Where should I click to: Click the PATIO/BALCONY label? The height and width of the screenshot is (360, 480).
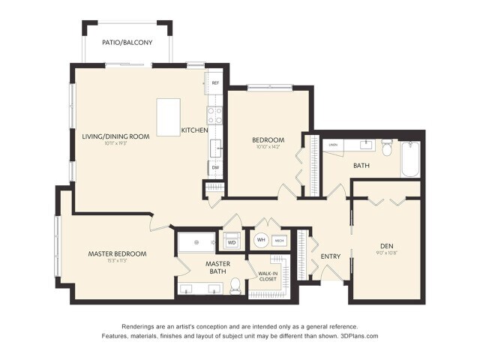pyautogui.click(x=128, y=43)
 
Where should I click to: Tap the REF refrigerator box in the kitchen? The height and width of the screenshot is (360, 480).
pyautogui.click(x=215, y=82)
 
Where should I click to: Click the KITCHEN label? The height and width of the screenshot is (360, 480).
pyautogui.click(x=194, y=130)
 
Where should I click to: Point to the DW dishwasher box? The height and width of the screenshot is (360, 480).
pyautogui.click(x=215, y=167)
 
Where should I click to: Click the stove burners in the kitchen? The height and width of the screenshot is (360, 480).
pyautogui.click(x=214, y=114)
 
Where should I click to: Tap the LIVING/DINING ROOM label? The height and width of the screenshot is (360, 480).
pyautogui.click(x=115, y=136)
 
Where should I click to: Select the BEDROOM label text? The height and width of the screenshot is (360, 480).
pyautogui.click(x=267, y=140)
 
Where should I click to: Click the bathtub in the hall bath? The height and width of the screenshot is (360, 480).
pyautogui.click(x=409, y=158)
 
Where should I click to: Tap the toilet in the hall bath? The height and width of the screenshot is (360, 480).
pyautogui.click(x=387, y=147)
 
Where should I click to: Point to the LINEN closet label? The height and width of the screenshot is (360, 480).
pyautogui.click(x=332, y=145)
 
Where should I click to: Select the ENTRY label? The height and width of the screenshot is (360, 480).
pyautogui.click(x=331, y=256)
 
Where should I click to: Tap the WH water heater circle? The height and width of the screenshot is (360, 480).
pyautogui.click(x=261, y=241)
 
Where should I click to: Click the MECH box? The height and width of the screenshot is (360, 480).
pyautogui.click(x=279, y=241)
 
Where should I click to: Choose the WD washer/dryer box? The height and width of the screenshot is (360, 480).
pyautogui.click(x=232, y=242)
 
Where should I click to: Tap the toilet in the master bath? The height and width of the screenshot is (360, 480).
pyautogui.click(x=235, y=286)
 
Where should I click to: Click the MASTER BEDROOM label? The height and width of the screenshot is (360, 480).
pyautogui.click(x=117, y=253)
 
